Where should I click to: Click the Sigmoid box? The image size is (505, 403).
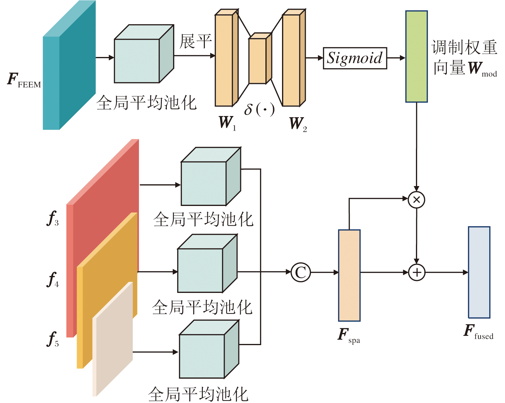pyautogui.click(x=355, y=58)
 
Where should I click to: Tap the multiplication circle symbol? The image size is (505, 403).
pyautogui.click(x=417, y=200)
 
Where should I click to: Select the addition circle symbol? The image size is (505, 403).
pyautogui.click(x=417, y=272)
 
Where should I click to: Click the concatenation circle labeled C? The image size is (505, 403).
pyautogui.click(x=301, y=272)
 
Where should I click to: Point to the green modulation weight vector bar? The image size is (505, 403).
pyautogui.click(x=417, y=57)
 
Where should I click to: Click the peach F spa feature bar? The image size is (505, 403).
pyautogui.click(x=349, y=275)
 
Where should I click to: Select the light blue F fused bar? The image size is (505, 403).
pyautogui.click(x=479, y=272)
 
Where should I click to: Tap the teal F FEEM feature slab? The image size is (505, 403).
pyautogui.click(x=69, y=65)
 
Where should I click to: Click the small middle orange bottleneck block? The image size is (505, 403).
pyautogui.click(x=260, y=58)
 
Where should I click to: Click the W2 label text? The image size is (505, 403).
pyautogui.click(x=298, y=124)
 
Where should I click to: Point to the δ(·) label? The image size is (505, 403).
pyautogui.click(x=259, y=109)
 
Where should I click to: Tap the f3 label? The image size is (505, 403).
pyautogui.click(x=53, y=219)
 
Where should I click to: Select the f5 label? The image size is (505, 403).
pyautogui.click(x=53, y=339)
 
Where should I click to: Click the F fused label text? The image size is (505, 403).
pyautogui.click(x=478, y=332)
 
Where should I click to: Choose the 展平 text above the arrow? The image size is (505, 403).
pyautogui.click(x=196, y=41)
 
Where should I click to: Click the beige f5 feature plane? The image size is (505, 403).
pyautogui.click(x=113, y=339)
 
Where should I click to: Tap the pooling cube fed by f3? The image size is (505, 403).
pyautogui.click(x=211, y=176)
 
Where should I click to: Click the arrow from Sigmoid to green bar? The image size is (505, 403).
pyautogui.click(x=396, y=58)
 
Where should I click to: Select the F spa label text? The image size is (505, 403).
pyautogui.click(x=349, y=336)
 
